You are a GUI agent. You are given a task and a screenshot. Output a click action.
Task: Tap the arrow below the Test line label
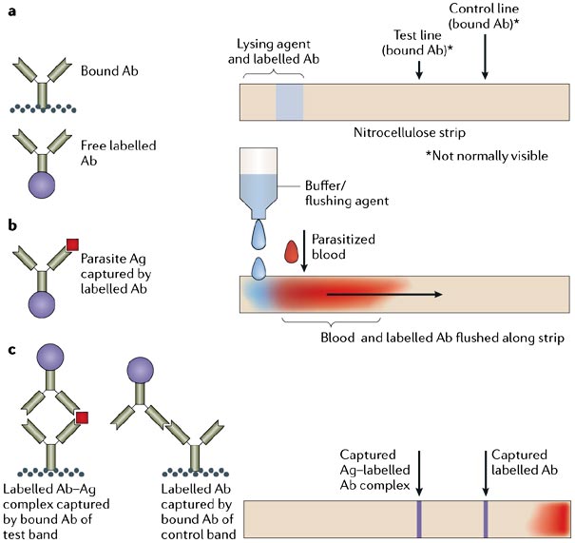tap(419, 69)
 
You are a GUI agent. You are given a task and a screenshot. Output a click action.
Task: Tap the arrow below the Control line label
tap(486, 61)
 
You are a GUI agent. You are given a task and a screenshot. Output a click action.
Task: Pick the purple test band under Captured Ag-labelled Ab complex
tap(418, 518)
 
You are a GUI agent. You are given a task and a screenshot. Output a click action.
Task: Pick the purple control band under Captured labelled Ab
tap(485, 518)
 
